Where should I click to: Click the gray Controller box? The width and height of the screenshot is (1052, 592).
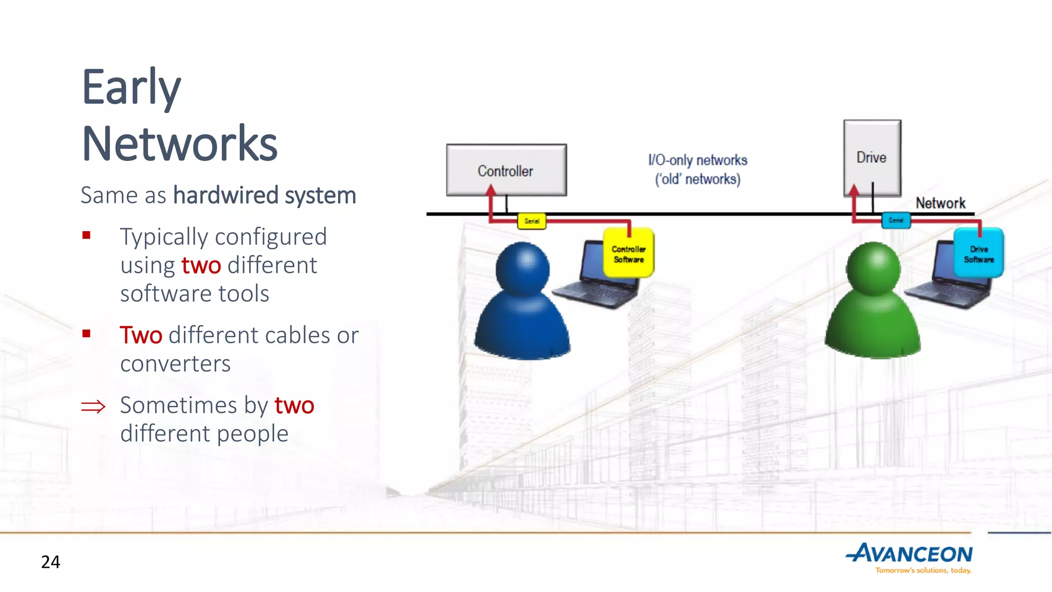pyautogui.click(x=506, y=170)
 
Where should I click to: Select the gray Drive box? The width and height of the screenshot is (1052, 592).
pyautogui.click(x=872, y=157)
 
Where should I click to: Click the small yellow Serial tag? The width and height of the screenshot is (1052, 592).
pyautogui.click(x=532, y=221)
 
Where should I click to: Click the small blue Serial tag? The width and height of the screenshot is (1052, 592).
pyautogui.click(x=896, y=220)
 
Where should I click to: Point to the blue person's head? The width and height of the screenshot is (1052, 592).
pyautogui.click(x=522, y=268)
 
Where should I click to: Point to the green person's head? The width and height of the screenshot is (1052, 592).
pyautogui.click(x=873, y=268)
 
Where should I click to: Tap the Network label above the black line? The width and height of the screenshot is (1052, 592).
pyautogui.click(x=940, y=203)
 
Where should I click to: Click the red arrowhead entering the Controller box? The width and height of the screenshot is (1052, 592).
pyautogui.click(x=491, y=190)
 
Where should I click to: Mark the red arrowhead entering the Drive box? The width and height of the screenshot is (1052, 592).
pyautogui.click(x=854, y=190)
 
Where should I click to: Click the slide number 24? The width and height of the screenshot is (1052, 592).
pyautogui.click(x=50, y=562)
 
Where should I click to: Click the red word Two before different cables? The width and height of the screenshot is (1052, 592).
pyautogui.click(x=141, y=335)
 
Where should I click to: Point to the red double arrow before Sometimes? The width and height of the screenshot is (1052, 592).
pyautogui.click(x=93, y=407)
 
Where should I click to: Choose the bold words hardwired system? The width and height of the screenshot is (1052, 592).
pyautogui.click(x=265, y=195)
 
